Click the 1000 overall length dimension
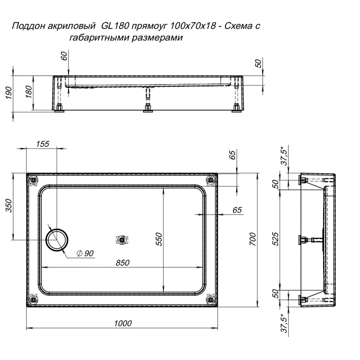pyautogui.click(x=123, y=323)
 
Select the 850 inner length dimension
pyautogui.click(x=122, y=263)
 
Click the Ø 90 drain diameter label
pyautogui.click(x=85, y=254)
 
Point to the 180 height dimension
pyautogui.click(x=28, y=92)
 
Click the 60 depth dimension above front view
pyautogui.click(x=63, y=56)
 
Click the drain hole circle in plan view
pyautogui.click(x=58, y=239)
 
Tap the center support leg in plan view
pyautogui.click(x=121, y=240)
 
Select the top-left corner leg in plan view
pyautogui.click(x=33, y=181)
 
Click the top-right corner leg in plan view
pyautogui.click(x=210, y=181)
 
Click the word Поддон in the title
pyautogui.click(x=27, y=26)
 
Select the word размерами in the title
pyautogui.click(x=160, y=38)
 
